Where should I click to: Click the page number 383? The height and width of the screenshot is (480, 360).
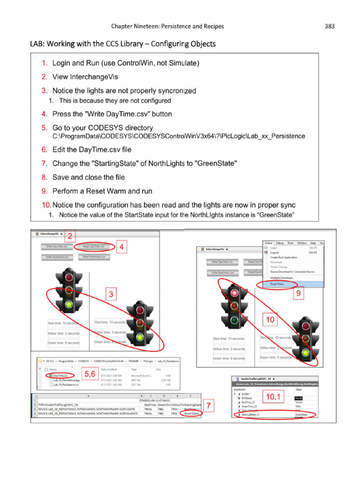click(330, 26)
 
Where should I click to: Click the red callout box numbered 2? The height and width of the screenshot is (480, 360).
click(69, 235)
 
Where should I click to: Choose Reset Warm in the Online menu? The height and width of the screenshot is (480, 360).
click(277, 284)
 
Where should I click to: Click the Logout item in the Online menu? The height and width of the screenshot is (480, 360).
click(275, 253)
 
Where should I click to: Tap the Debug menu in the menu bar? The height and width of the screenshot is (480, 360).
click(280, 243)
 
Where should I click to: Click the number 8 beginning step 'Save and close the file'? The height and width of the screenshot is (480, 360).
click(45, 177)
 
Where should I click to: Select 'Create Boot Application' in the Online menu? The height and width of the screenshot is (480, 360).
click(283, 257)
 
